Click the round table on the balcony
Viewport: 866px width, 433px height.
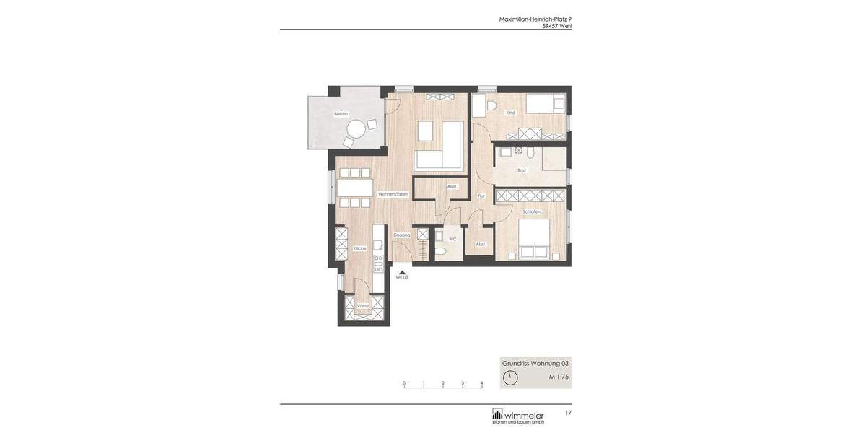pos(356,129)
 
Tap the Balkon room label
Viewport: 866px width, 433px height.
pos(341,114)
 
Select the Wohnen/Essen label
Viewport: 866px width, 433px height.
pos(393,194)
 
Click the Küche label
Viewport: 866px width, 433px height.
pos(359,248)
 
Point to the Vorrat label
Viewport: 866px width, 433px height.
pos(363,306)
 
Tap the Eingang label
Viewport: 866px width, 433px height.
pos(401,235)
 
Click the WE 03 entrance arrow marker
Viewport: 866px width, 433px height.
pos(401,271)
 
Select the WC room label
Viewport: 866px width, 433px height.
pos(452,239)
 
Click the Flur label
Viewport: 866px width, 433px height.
pos(481,196)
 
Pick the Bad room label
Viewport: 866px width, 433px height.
pos(521,170)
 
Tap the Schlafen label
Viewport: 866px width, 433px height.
pos(532,211)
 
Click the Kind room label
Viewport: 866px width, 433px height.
pos(510,113)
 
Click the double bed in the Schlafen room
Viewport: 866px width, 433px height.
pos(533,237)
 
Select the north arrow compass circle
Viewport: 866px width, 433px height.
pos(510,377)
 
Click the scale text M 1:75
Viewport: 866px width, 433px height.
pos(559,377)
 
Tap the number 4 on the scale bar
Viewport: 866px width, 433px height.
pos(481,383)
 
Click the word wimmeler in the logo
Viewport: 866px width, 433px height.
pos(524,415)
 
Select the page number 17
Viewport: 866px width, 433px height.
pos(568,413)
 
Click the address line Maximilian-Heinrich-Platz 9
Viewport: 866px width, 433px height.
pos(535,19)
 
